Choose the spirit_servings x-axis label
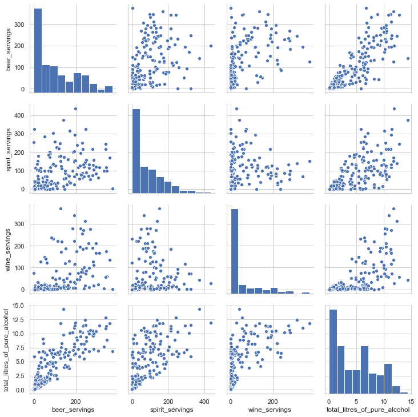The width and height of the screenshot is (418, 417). point(170,410)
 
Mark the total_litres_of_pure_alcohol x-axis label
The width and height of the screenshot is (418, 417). point(368,410)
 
